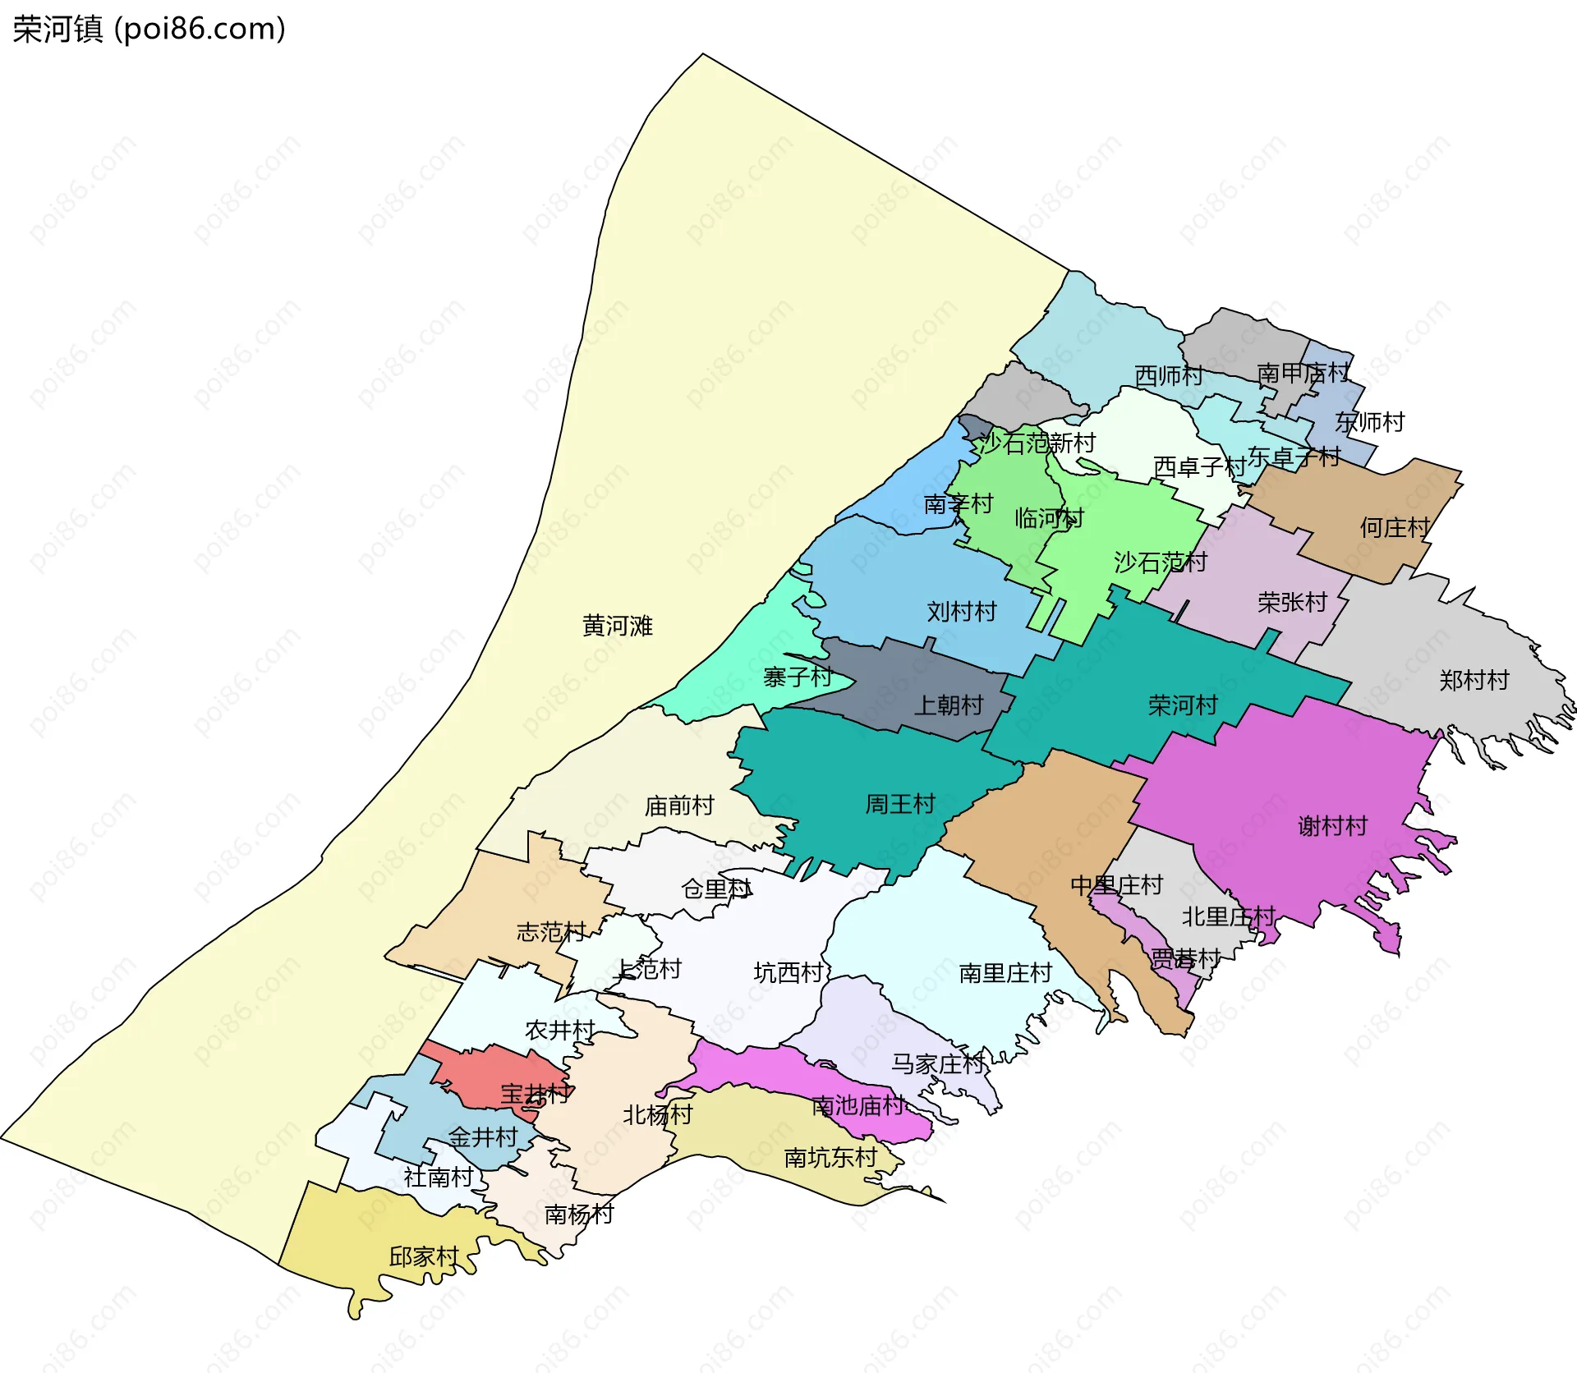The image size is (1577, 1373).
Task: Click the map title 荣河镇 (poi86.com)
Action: click(149, 30)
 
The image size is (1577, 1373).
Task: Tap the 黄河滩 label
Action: click(617, 627)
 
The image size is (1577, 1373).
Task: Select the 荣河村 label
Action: click(1182, 705)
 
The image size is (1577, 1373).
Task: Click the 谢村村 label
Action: click(1332, 826)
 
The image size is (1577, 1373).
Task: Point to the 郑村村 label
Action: click(1474, 681)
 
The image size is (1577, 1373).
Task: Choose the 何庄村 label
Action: click(1395, 527)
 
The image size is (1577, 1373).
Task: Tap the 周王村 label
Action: click(900, 804)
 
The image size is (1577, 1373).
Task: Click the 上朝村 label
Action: click(948, 705)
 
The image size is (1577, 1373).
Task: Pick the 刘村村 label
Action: click(961, 612)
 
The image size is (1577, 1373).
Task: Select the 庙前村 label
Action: click(679, 806)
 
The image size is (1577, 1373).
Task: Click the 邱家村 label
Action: click(423, 1257)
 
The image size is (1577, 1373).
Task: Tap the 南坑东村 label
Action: click(830, 1158)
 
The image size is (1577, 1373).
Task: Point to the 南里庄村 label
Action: click(1005, 973)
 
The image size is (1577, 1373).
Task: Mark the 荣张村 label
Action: click(1291, 603)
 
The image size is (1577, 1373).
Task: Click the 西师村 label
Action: click(1168, 376)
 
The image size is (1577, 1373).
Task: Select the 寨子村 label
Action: click(797, 677)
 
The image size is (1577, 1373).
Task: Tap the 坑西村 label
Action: click(788, 973)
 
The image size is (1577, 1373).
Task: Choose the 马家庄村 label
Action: click(937, 1064)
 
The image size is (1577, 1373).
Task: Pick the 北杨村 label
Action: click(657, 1115)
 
